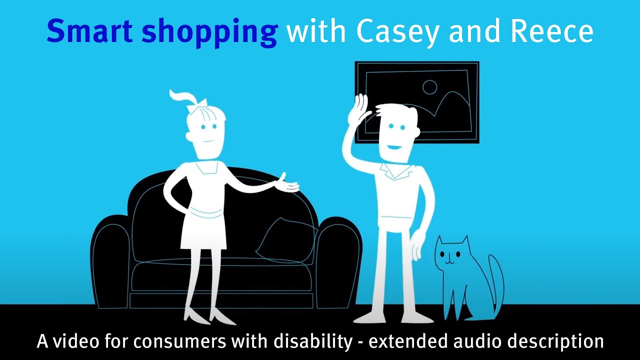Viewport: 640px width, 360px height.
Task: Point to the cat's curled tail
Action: [497, 280]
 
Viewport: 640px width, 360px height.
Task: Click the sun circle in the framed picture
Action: [429, 88]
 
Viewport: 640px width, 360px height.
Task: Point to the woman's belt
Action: [205, 214]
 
